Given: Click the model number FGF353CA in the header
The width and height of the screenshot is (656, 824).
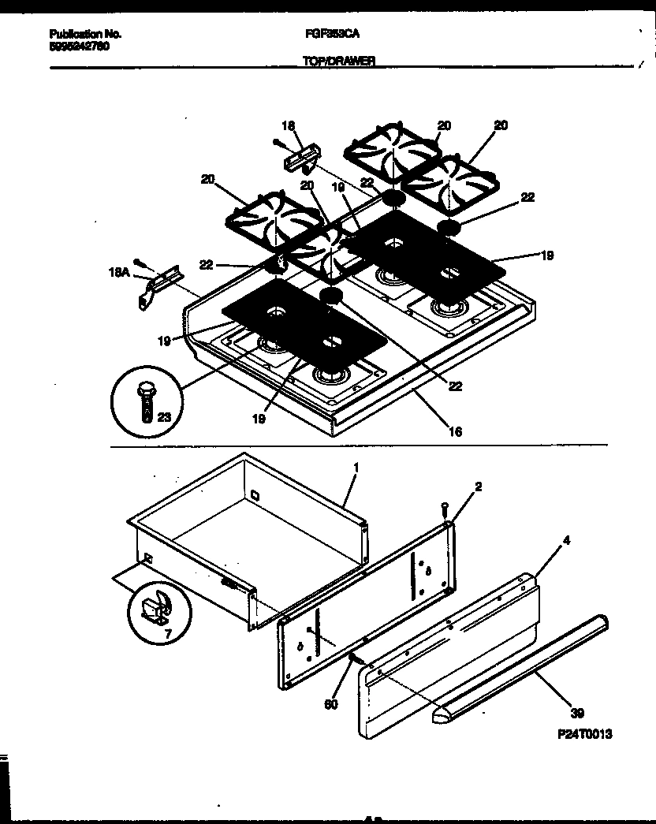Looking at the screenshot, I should click(326, 34).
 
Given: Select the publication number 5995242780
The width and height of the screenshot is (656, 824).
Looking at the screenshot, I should click(79, 46).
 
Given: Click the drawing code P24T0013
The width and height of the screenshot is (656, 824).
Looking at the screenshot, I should click(583, 734).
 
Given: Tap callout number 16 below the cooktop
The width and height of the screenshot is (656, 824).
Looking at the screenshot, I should click(455, 431).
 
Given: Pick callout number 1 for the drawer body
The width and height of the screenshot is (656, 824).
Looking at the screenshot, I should click(356, 468).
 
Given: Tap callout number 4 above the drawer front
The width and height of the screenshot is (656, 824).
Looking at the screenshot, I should click(544, 541).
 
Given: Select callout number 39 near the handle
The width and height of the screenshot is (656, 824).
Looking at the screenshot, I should click(577, 714).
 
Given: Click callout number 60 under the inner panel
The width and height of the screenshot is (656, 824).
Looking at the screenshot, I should click(332, 704).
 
